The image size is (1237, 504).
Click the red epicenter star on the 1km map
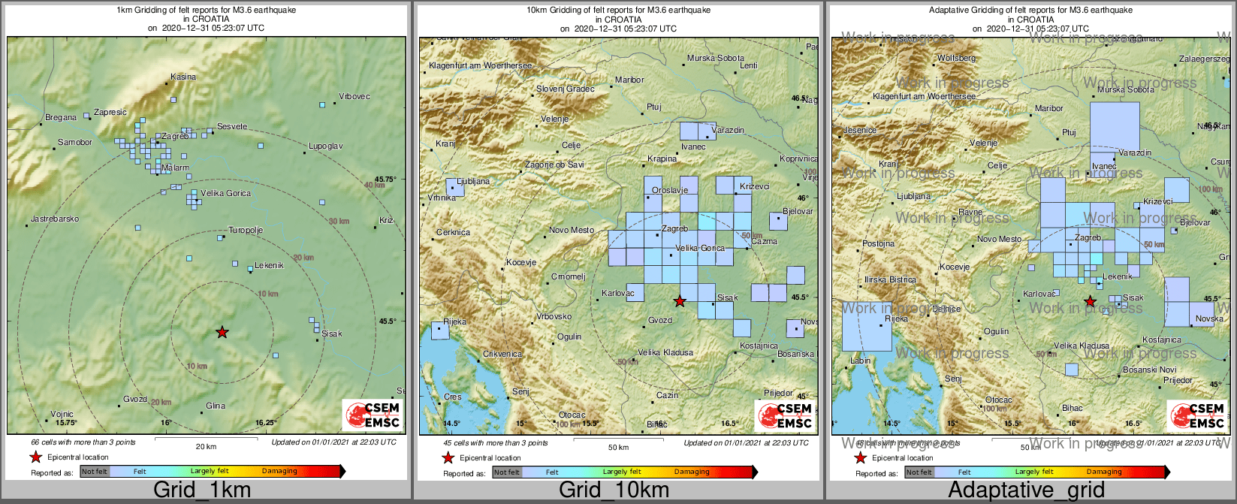click(222, 332)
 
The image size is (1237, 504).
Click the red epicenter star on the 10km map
click(680, 301)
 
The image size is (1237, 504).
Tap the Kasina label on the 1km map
click(183, 77)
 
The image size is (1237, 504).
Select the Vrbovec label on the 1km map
click(355, 96)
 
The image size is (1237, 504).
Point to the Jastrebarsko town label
click(55, 219)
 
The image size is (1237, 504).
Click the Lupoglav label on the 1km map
click(325, 146)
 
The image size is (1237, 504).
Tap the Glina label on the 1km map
click(216, 406)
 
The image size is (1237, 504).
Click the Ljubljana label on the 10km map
click(473, 181)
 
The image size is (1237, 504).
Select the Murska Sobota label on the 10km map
click(716, 58)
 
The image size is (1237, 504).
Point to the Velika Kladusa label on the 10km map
click(665, 352)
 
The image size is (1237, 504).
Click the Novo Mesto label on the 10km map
click(572, 230)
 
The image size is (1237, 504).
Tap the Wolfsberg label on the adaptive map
click(956, 58)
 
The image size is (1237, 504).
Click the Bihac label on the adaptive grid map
click(1073, 408)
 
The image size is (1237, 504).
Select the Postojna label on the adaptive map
click(879, 243)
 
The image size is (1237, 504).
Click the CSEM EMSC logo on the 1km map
click(373, 415)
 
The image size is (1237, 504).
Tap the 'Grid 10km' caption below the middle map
click(614, 490)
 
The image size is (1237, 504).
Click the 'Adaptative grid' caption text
click(1026, 490)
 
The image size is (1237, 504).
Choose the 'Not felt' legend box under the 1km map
click(95, 472)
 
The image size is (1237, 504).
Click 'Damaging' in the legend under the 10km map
click(692, 472)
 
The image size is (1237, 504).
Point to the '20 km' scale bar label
click(206, 447)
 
